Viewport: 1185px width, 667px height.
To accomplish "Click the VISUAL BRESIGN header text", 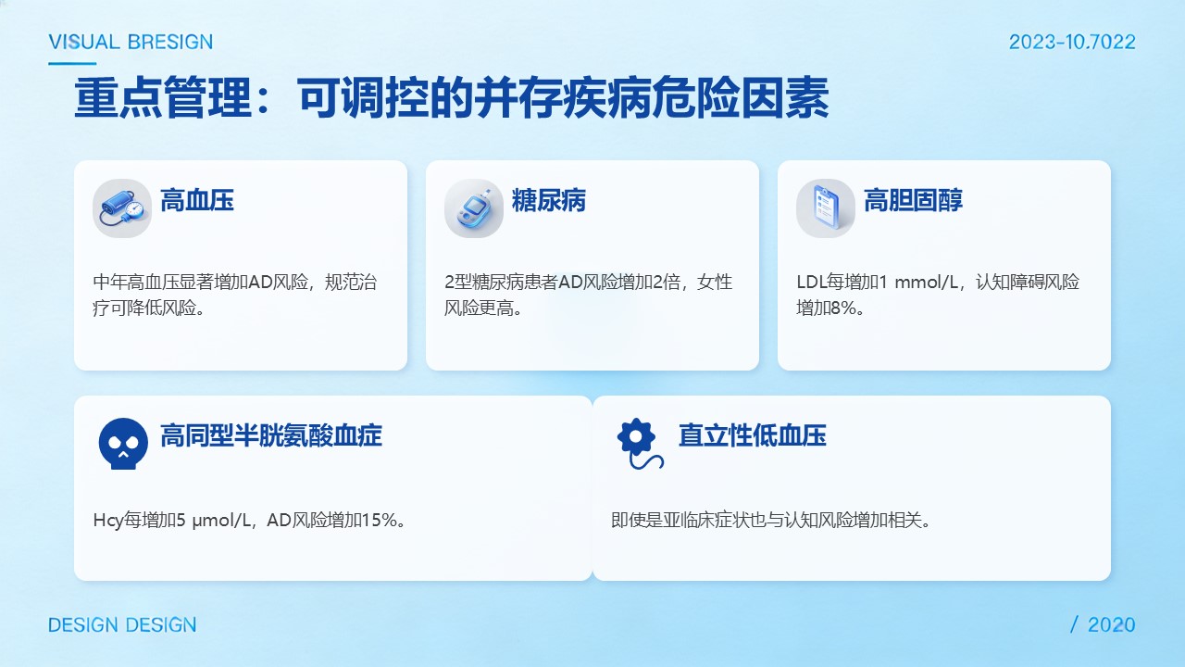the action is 131,42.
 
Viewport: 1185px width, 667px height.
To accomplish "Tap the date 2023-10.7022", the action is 1072,42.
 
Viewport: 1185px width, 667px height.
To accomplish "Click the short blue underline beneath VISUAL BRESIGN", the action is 72,64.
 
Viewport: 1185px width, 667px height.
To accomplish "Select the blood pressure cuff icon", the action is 122,208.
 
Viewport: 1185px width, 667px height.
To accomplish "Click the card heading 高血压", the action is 197,201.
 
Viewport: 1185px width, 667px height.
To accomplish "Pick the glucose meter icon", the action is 474,208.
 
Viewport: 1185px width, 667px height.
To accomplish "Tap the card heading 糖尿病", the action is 549,201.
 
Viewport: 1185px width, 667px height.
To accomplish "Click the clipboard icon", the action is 826,208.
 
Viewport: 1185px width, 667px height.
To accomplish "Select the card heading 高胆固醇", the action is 913,201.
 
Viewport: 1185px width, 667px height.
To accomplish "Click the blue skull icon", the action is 123,444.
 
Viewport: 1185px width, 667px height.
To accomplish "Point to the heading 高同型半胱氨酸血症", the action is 271,435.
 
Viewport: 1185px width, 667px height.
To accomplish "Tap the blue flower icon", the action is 640,444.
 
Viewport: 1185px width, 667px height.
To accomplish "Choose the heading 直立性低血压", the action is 753,435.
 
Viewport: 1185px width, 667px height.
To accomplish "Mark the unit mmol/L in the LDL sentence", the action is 926,283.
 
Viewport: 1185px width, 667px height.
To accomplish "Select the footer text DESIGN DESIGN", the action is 122,624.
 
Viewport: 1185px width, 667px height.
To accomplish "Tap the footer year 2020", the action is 1112,624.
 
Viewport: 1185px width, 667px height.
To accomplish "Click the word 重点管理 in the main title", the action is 163,98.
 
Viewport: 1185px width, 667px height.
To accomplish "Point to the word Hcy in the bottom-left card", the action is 108,521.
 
